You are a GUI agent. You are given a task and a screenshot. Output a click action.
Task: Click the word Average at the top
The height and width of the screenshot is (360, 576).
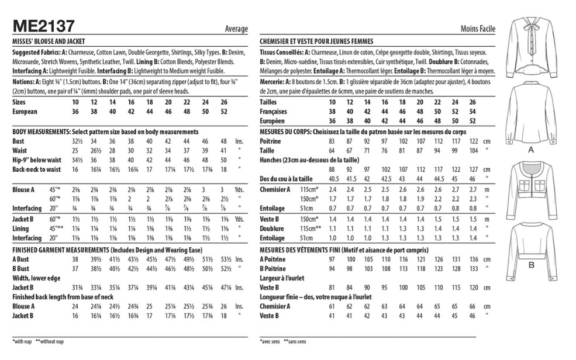coord(236,29)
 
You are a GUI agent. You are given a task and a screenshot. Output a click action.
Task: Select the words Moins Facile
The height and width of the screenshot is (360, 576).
coord(478,29)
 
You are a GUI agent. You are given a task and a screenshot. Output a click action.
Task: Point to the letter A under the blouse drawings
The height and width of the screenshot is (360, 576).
coord(531,150)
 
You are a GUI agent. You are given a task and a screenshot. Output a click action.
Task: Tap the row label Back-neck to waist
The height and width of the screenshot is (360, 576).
coord(37,169)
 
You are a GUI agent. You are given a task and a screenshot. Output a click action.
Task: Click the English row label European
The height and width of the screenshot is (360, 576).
coord(25,111)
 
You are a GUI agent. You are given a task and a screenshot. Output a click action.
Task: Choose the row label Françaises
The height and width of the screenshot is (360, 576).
coord(275,111)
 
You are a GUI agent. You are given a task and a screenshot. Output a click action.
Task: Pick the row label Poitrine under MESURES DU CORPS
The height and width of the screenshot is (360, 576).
coord(270,141)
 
